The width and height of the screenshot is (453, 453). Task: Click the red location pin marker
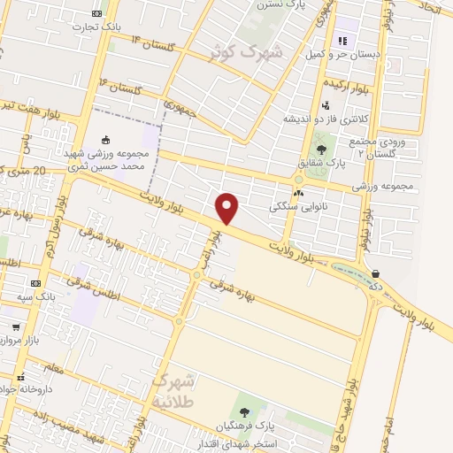228,208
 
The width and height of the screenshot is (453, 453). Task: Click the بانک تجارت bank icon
96,13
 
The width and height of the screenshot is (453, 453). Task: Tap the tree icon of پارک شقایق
320,150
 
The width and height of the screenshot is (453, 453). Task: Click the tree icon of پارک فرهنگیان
243,412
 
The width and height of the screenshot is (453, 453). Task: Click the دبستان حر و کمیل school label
355,55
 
